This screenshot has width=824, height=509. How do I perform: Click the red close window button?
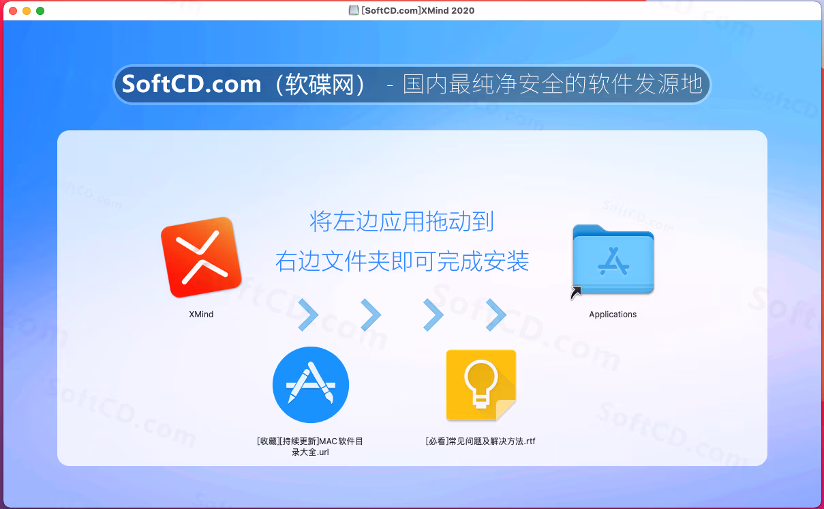(x=13, y=11)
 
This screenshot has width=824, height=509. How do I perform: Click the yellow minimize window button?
(x=27, y=11)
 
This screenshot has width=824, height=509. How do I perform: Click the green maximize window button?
(x=40, y=11)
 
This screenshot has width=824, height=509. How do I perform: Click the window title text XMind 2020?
(x=448, y=10)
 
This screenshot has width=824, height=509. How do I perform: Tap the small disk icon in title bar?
(x=354, y=10)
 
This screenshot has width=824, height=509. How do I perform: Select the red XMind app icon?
(x=201, y=257)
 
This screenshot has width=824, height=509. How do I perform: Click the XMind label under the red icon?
(x=201, y=314)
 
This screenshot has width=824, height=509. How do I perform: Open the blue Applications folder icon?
(x=613, y=259)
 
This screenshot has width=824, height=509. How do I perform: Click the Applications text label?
(x=613, y=314)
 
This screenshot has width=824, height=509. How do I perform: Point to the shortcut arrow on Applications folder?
(x=576, y=293)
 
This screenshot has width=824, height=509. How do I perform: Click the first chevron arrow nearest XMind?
(x=308, y=315)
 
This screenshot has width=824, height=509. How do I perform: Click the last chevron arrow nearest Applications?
(x=496, y=315)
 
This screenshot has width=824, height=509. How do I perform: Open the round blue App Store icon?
(x=311, y=385)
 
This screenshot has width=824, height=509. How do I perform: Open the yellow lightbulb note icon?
(x=481, y=386)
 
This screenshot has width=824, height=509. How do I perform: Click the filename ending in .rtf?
(x=480, y=441)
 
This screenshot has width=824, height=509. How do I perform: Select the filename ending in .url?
(x=310, y=446)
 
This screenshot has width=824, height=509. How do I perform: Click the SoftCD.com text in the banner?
(x=192, y=84)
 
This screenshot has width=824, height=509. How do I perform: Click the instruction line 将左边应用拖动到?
(x=401, y=222)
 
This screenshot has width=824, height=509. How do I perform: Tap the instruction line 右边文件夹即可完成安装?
(x=402, y=261)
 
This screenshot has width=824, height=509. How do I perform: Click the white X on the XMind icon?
(x=202, y=257)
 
